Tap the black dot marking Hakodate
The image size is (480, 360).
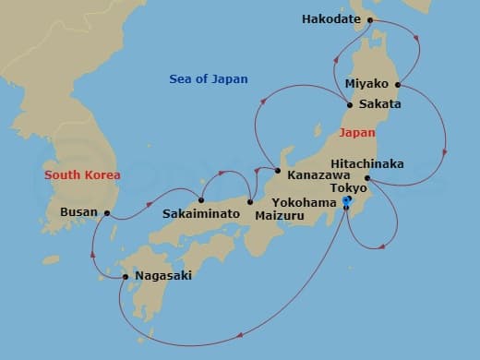[x=369, y=19]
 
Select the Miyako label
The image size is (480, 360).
[x=366, y=84]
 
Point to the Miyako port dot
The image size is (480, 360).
[x=398, y=84]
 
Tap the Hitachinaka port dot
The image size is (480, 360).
[x=367, y=177]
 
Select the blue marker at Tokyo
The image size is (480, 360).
[x=347, y=200]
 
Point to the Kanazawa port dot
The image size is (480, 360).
[x=277, y=170]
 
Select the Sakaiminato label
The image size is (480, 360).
[x=201, y=213]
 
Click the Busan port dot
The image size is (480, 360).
[x=108, y=213]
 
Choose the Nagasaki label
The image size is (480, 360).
[x=162, y=275]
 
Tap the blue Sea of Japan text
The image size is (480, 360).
[x=209, y=79]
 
